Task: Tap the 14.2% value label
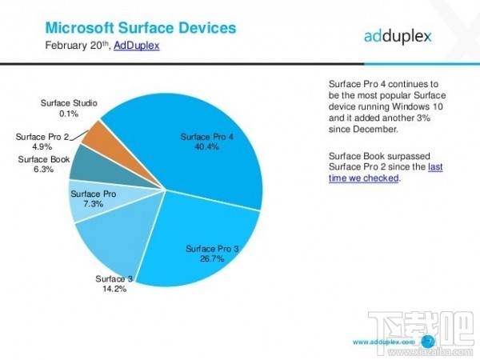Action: [114, 288]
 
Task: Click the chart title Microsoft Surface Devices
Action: [140, 28]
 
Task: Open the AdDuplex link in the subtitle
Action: [137, 46]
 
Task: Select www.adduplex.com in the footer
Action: [382, 341]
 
